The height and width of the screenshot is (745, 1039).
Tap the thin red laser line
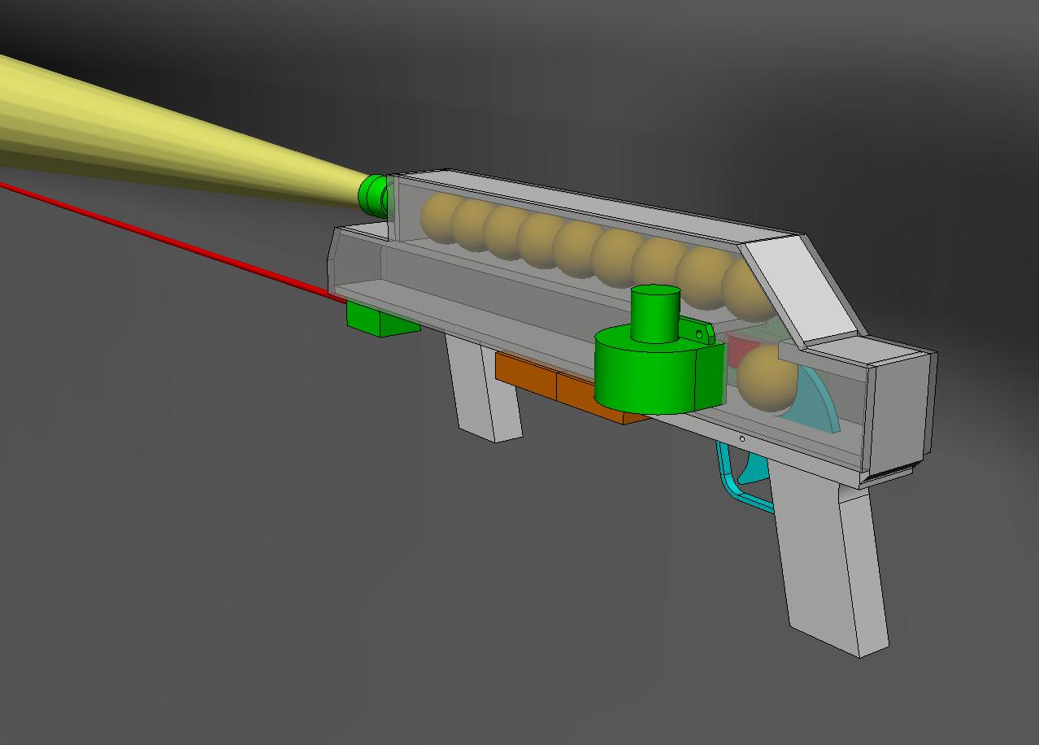coord(163,237)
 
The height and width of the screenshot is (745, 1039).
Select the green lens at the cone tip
coord(375,194)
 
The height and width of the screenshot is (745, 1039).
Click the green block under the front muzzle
coord(380,318)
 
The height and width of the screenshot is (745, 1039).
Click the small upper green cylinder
coord(655,313)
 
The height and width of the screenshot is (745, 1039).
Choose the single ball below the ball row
coord(766,378)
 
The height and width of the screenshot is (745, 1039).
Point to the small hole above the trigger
coord(742,439)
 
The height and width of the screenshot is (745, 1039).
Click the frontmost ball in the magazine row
coord(438,218)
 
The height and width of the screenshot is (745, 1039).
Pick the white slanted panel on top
coord(801,289)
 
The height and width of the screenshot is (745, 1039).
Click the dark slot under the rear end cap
coord(890,475)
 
